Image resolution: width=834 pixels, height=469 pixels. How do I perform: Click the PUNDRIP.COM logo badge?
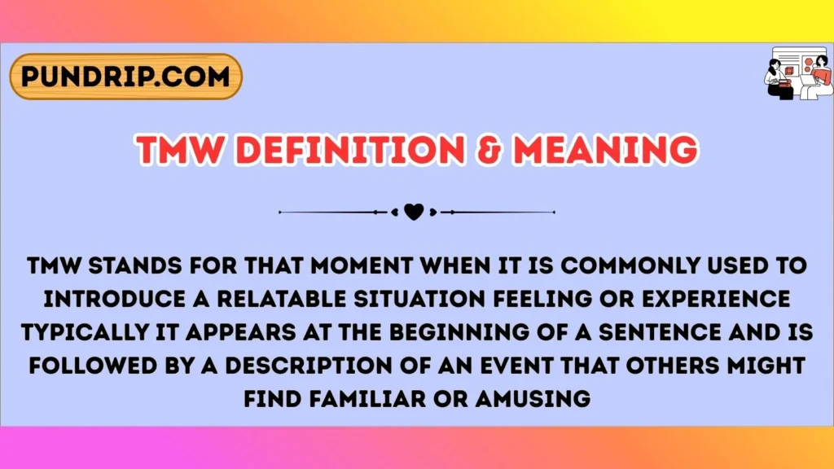point(125,77)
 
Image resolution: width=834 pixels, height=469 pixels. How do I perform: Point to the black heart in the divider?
point(414,213)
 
